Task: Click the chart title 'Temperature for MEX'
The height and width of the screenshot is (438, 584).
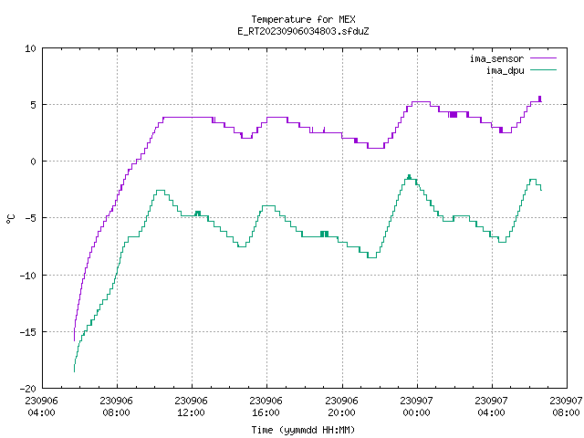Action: coord(303,19)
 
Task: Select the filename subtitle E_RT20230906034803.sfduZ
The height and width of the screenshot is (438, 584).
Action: coord(303,31)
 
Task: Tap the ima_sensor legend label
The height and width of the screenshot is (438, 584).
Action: coord(496,58)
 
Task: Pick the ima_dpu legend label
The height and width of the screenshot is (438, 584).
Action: coord(505,70)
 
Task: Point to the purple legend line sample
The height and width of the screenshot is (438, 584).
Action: coord(544,58)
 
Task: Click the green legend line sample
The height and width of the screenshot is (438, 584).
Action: coord(544,70)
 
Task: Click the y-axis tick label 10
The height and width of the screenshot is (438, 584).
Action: coord(30,48)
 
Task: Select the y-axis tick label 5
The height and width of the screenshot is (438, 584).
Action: coord(33,105)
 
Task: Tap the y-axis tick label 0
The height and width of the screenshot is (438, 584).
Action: coord(33,162)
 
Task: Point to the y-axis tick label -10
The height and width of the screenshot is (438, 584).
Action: coord(28,276)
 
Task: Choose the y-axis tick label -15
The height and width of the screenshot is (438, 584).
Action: coord(28,332)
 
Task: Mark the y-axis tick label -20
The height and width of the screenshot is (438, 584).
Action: coord(28,389)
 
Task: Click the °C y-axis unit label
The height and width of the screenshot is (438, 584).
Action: coord(10,219)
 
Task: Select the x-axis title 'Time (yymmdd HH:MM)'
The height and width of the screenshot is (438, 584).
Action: coord(303,430)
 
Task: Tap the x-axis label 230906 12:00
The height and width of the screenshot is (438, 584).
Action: coord(191,407)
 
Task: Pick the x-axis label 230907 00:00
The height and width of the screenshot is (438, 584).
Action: coord(416,407)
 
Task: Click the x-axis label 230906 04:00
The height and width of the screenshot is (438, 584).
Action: coord(41,407)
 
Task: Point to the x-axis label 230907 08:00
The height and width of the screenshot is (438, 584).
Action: coord(566,407)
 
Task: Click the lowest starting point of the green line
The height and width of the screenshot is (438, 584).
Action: coord(74,371)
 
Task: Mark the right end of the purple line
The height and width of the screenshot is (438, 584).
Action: coord(541,101)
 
